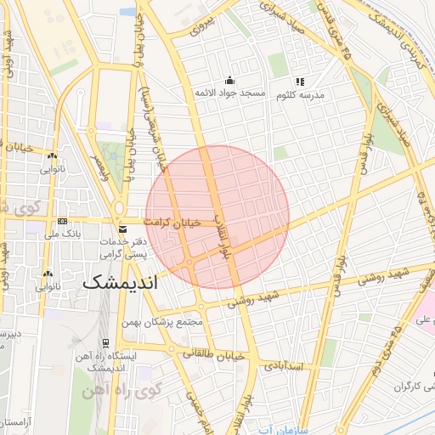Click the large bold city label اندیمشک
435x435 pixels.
pos(121,282)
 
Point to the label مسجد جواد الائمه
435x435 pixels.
pos(230,92)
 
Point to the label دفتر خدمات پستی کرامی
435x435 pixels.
pos(125,248)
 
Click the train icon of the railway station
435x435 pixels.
pos(105,343)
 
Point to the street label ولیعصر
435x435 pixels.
pos(99,169)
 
